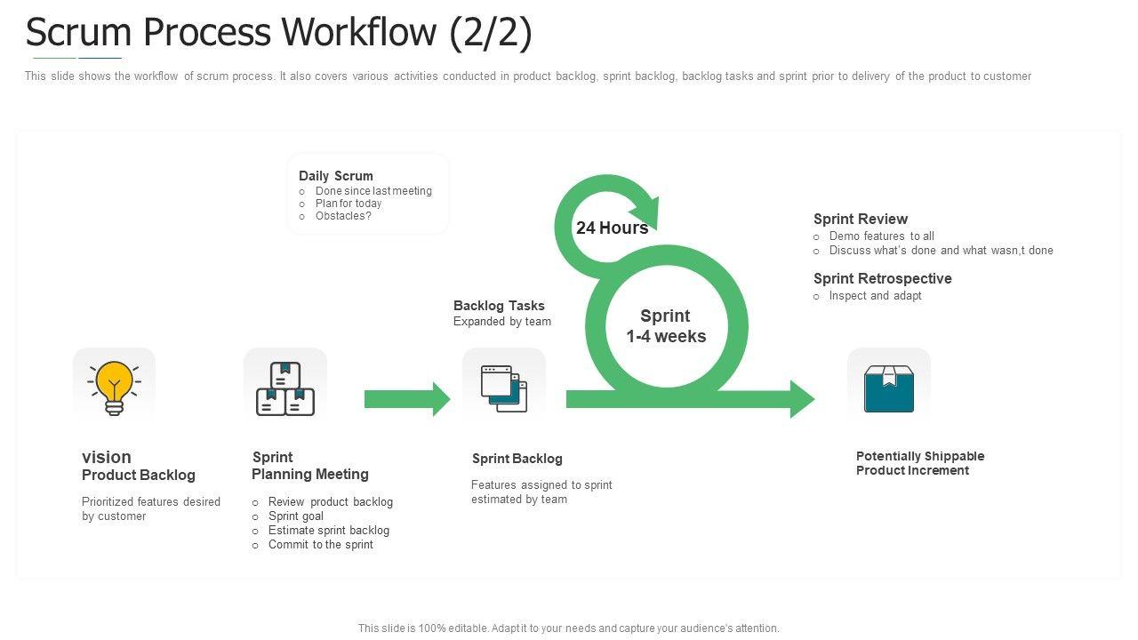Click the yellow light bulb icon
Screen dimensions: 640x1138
tap(114, 387)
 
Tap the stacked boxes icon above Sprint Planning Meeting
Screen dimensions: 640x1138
tap(285, 388)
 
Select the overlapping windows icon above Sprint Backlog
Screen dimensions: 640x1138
tap(504, 388)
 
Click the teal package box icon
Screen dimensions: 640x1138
tap(889, 389)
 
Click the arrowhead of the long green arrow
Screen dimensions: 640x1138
tap(802, 399)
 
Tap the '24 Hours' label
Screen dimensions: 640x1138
tap(612, 228)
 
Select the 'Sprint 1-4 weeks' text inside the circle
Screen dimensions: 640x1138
tap(666, 326)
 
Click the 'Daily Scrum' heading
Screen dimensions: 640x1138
tap(336, 176)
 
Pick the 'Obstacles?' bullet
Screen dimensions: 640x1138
tap(343, 216)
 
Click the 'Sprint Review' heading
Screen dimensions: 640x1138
tap(861, 219)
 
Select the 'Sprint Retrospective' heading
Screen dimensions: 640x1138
tap(883, 278)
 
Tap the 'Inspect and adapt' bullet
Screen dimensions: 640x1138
tap(875, 296)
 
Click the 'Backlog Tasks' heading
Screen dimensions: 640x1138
tap(499, 306)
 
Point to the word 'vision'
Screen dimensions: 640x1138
tap(107, 457)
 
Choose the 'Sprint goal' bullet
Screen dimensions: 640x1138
tap(296, 516)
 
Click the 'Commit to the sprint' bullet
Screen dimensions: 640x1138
tap(321, 545)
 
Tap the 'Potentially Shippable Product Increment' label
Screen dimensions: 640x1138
tap(920, 463)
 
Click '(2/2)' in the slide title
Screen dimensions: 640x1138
tap(491, 33)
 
